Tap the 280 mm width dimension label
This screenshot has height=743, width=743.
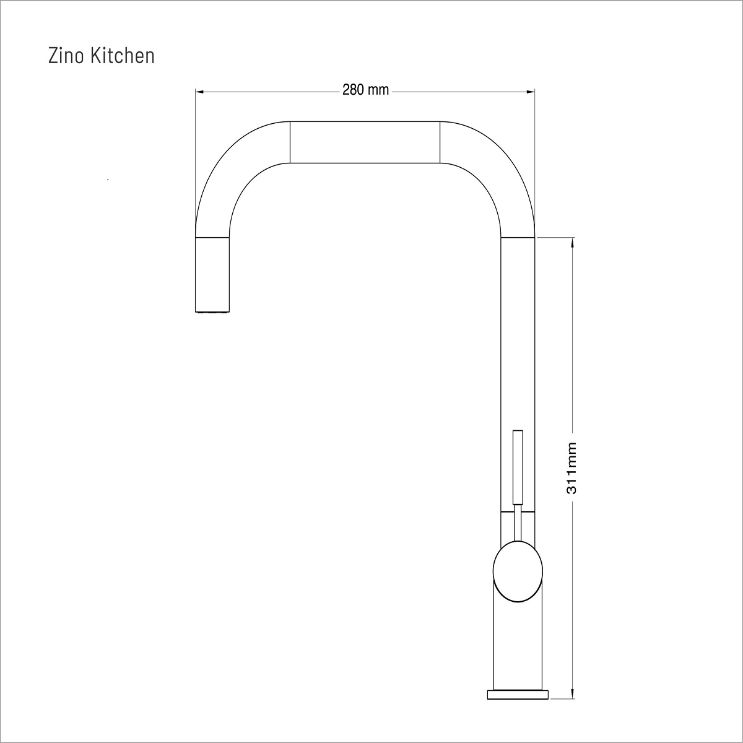(x=365, y=90)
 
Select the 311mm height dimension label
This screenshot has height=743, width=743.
(x=571, y=468)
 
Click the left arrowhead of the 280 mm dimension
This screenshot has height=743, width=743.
(x=199, y=92)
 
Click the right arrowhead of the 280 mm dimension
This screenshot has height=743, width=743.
(x=531, y=92)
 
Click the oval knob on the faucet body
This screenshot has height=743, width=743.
(x=518, y=571)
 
